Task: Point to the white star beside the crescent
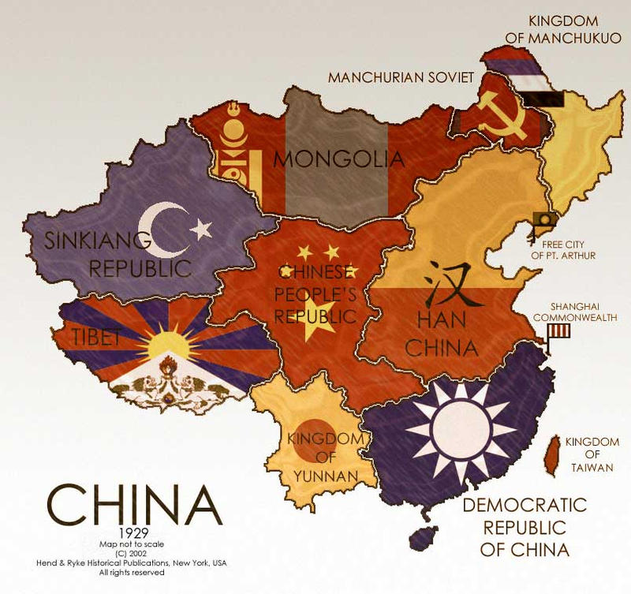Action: coord(201,230)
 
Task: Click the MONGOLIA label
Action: coord(338,159)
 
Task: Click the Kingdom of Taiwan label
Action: coord(590,454)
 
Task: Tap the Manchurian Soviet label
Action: coord(401,77)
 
